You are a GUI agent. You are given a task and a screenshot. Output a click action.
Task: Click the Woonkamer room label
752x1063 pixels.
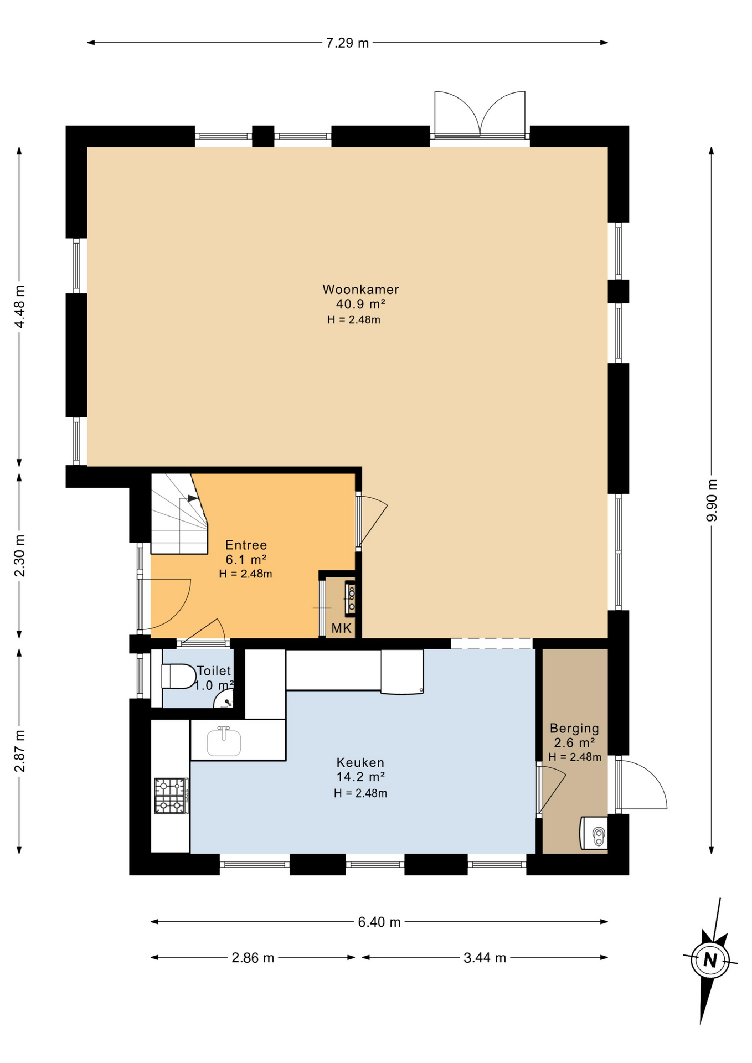click(360, 289)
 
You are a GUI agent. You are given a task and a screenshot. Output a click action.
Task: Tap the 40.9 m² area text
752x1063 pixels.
click(360, 304)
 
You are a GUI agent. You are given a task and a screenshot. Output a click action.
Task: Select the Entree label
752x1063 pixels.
click(246, 545)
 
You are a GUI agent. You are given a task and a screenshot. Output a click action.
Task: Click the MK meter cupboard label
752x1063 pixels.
click(342, 628)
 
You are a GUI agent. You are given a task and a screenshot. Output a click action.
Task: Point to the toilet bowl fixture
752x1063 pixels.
click(178, 676)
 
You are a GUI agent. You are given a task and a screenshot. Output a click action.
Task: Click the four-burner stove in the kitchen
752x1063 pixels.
click(171, 796)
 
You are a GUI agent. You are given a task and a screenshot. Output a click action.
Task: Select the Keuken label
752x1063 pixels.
click(360, 762)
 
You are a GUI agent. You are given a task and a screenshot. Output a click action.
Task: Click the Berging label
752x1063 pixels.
click(574, 729)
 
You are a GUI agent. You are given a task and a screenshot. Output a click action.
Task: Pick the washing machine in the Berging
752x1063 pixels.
click(594, 833)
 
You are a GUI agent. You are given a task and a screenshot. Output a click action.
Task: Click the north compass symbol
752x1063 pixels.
click(709, 960)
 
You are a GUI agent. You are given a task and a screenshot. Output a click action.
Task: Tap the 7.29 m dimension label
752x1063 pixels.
click(347, 43)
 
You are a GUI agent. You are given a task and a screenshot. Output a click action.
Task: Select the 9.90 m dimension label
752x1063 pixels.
click(712, 500)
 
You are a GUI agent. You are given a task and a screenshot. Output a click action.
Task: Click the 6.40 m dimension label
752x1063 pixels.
click(379, 922)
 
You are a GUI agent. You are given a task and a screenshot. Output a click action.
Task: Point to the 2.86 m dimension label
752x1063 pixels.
click(253, 958)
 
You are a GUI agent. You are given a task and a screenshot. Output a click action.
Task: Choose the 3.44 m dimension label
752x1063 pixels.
click(485, 958)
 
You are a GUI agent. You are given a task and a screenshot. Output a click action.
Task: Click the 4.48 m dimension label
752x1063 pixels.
click(19, 307)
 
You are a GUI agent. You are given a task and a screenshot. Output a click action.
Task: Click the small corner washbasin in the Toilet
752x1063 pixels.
click(224, 700)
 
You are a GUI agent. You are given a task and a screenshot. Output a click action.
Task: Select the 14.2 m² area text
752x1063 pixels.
click(360, 777)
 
